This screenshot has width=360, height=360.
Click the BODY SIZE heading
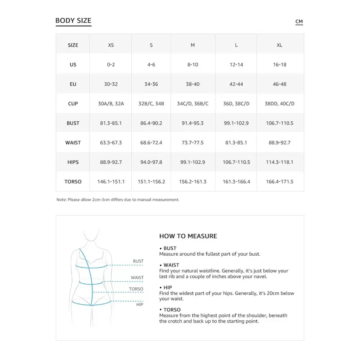[73, 21]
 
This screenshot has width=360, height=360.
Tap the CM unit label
[299, 22]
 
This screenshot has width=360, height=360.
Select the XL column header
[280, 45]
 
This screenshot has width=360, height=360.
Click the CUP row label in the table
[73, 104]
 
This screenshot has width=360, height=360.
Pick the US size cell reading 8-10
[193, 65]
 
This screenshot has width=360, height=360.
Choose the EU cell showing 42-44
[236, 84]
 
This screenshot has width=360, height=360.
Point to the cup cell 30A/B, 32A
[111, 104]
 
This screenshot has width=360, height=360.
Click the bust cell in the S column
[151, 123]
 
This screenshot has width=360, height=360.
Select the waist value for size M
[193, 143]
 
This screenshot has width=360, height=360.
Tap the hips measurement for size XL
[280, 162]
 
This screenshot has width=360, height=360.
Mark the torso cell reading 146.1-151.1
[111, 181]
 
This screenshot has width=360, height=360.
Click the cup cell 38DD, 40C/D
[280, 104]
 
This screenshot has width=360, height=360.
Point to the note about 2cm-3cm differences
[118, 199]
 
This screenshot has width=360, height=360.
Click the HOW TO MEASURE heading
[188, 236]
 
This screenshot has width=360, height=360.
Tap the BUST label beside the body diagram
[138, 261]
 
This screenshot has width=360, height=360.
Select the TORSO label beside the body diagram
[136, 289]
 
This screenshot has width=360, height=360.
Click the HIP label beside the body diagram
[140, 305]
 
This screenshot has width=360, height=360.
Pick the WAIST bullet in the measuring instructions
[171, 265]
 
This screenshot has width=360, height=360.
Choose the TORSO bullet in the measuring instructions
[172, 310]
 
